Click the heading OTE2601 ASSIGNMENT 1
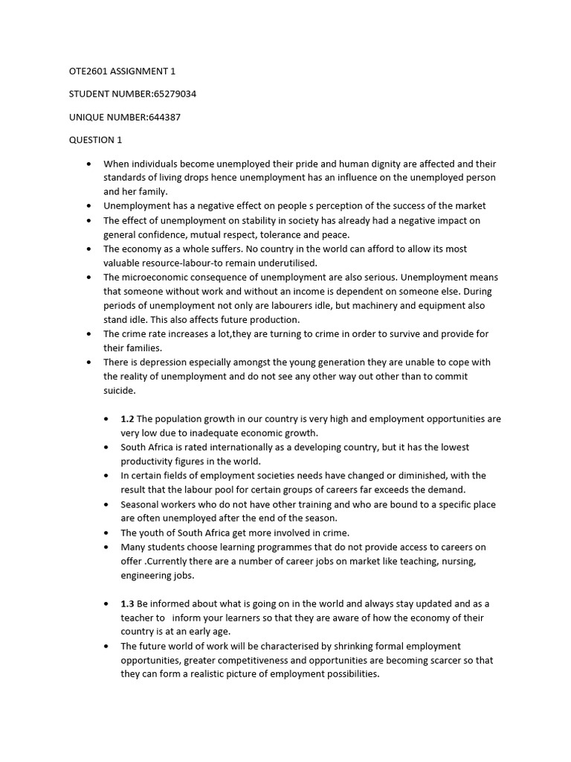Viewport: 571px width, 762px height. (x=122, y=71)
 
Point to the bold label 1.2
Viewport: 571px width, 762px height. (x=127, y=419)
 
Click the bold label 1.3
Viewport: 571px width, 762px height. (x=127, y=603)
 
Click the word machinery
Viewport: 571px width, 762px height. (x=393, y=306)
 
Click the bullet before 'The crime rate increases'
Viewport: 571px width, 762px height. (x=90, y=334)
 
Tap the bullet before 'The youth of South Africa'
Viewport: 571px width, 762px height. (x=107, y=533)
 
